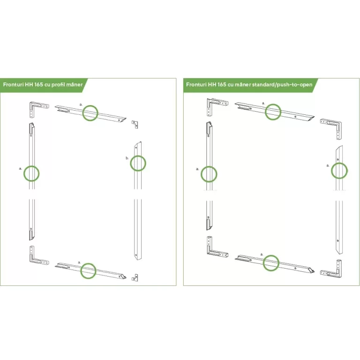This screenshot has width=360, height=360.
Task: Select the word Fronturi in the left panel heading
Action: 13,84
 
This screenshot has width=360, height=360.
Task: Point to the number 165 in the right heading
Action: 222,84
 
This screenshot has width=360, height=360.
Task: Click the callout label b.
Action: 127,158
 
